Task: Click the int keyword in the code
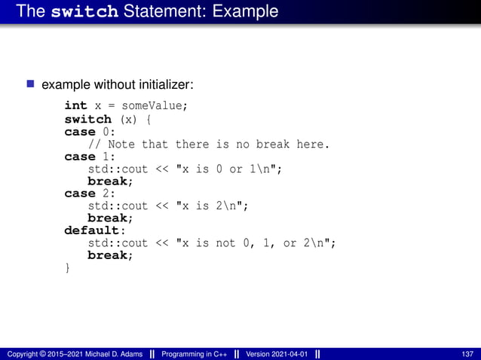[x=75, y=106]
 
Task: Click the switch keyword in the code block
[x=87, y=119]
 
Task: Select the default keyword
[x=93, y=230]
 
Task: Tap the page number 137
[x=467, y=354]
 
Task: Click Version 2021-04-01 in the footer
[x=277, y=354]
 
